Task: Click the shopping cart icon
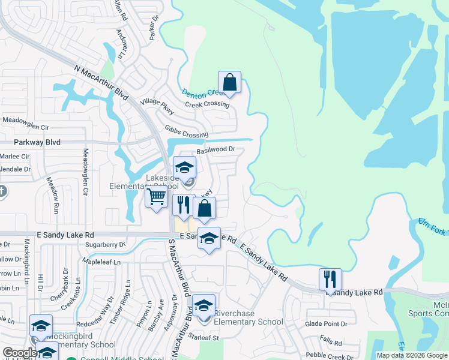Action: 157,197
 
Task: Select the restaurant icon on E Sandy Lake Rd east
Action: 330,279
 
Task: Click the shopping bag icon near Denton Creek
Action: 229,82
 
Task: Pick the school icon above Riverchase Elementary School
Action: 203,305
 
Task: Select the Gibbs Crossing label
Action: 186,131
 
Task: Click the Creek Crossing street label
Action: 207,104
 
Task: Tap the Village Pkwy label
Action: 157,106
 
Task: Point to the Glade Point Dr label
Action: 327,324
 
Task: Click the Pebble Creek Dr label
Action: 330,356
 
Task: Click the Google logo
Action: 20,353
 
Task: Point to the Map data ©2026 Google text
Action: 412,355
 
